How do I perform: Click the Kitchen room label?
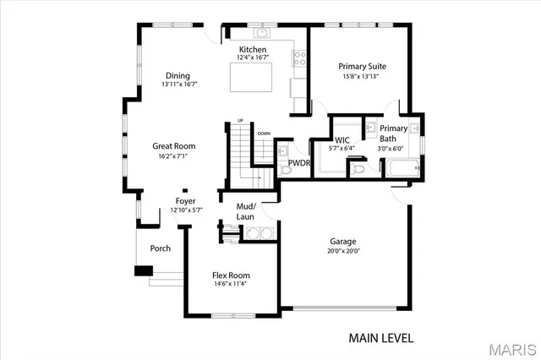(252, 50)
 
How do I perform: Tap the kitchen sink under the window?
(262, 34)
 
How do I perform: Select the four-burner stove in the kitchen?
(298, 58)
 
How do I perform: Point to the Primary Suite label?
(362, 66)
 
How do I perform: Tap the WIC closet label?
(342, 139)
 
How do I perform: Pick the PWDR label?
(298, 163)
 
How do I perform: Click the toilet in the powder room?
(284, 169)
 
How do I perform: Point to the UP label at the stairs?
(240, 121)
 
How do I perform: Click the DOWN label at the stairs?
(264, 133)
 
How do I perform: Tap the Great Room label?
(173, 145)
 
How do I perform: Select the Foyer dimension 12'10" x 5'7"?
(185, 210)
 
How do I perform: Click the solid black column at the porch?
(143, 271)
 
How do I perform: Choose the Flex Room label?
(230, 275)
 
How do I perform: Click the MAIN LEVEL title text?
(380, 338)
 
